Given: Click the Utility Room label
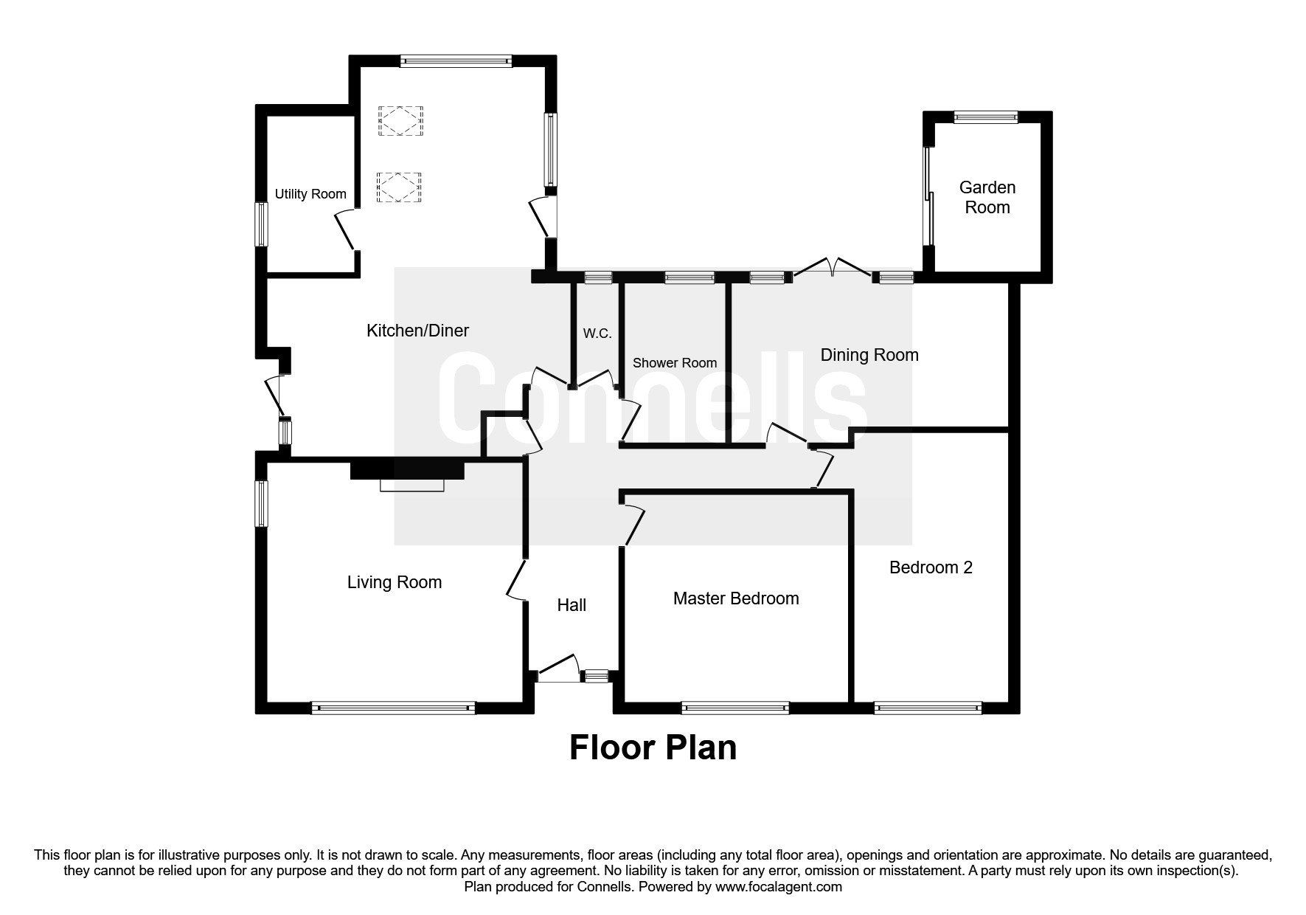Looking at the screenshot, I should click(310, 194).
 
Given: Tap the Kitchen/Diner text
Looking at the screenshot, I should click(417, 331).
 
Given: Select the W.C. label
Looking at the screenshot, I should click(597, 334).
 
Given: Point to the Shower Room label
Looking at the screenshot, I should click(675, 363).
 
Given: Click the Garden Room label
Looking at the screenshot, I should click(987, 197).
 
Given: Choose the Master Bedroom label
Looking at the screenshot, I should click(736, 598).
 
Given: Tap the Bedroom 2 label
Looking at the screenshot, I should click(931, 567).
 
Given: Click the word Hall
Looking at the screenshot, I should click(572, 605).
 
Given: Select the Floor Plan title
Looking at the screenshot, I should click(653, 747).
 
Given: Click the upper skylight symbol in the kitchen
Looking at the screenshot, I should click(400, 121).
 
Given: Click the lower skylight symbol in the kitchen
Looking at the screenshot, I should click(399, 187).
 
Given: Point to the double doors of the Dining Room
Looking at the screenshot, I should click(832, 268).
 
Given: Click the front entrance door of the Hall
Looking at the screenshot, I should click(558, 666).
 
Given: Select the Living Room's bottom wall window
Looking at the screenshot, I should click(393, 708).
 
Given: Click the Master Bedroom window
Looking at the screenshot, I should click(735, 708).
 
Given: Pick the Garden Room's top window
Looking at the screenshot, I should click(985, 117).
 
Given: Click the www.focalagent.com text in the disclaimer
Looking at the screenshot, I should click(778, 887).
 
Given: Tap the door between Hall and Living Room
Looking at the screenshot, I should click(515, 580).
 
